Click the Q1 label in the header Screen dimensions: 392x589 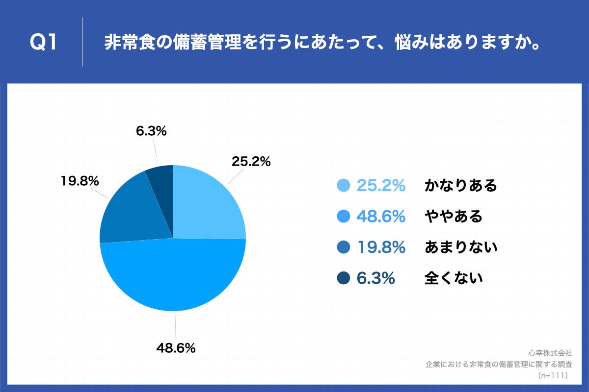click(44, 43)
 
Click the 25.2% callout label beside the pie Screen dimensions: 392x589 click(251, 161)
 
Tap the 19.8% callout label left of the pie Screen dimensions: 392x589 click(80, 181)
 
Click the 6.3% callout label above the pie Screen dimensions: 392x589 click(150, 131)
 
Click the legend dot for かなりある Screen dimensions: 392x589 click(344, 186)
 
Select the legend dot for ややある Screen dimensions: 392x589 click(344, 216)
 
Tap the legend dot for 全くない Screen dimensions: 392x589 click(344, 278)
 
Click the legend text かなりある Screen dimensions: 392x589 click(461, 186)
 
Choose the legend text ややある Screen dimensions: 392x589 click(454, 216)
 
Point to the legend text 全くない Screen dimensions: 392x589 click(454, 278)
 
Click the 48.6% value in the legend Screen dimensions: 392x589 click(381, 216)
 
